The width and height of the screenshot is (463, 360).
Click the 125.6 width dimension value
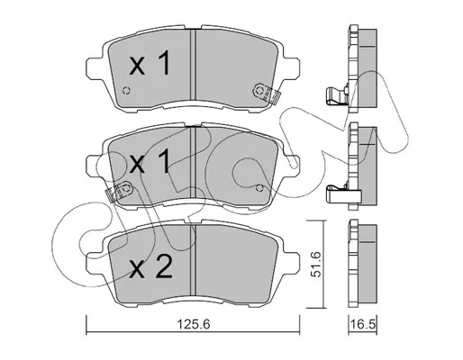coord(194,324)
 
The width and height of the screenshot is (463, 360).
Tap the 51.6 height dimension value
coord(315,265)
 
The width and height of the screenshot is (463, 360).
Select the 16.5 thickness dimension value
coord(363,324)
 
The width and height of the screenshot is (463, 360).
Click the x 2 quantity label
coord(151,265)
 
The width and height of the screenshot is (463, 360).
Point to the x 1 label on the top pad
coord(150,63)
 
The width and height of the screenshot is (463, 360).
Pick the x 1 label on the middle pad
coord(150,161)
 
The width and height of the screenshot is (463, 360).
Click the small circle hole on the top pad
coord(126,90)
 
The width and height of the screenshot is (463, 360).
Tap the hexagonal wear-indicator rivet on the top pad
coord(259,90)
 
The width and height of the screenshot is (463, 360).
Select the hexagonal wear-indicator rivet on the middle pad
coord(126,188)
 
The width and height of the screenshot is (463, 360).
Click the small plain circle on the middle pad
coord(259,188)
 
